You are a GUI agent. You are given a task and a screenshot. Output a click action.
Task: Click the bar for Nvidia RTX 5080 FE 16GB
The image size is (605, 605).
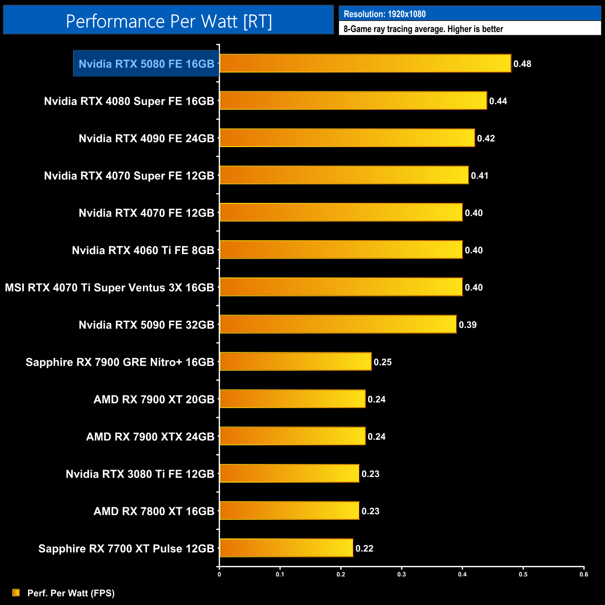[365, 63]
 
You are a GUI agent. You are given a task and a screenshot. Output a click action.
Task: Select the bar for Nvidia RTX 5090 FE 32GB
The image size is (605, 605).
[338, 324]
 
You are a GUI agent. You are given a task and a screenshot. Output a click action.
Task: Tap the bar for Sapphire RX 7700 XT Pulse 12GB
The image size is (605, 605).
[286, 548]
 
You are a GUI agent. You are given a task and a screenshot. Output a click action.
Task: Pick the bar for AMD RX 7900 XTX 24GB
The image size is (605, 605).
[292, 436]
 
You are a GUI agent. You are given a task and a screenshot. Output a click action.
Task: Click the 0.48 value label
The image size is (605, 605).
[522, 64]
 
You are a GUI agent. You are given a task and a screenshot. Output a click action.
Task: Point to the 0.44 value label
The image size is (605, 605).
[498, 101]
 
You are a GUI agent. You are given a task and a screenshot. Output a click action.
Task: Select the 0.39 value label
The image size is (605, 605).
[468, 325]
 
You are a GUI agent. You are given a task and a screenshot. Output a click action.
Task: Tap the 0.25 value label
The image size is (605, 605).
[383, 362]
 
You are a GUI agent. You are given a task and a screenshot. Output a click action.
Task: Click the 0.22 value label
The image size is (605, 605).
[364, 548]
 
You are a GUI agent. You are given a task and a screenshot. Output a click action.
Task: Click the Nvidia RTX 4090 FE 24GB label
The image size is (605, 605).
[146, 138]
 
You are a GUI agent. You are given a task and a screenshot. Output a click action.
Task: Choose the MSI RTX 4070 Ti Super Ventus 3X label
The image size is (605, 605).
[109, 288]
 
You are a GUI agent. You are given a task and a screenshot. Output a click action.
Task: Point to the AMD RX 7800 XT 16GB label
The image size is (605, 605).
[154, 511]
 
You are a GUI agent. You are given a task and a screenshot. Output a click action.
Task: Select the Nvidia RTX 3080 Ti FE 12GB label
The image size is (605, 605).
[140, 474]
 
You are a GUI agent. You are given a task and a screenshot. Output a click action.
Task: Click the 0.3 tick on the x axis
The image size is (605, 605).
[402, 574]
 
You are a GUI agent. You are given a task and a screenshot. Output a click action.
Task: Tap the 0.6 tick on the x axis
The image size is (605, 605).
[584, 574]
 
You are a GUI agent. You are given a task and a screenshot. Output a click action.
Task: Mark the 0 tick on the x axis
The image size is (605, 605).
[219, 574]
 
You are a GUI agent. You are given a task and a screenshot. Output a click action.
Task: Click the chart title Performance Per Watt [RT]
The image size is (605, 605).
[168, 21]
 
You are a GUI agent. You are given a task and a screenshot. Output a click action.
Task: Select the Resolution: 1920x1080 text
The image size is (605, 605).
[384, 14]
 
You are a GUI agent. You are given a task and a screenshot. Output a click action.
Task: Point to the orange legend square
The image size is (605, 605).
[16, 592]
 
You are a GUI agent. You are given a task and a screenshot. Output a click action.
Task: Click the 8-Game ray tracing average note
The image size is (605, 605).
[423, 29]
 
